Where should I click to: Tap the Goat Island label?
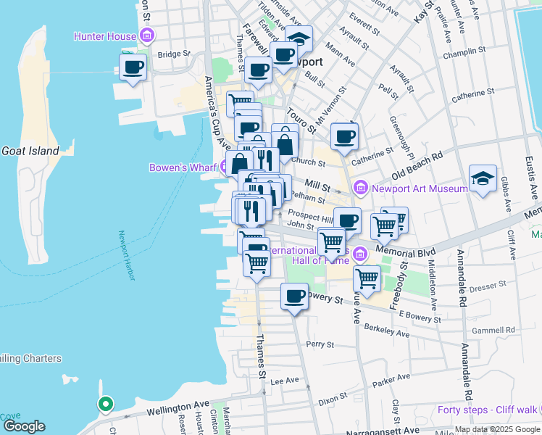pos(29,151)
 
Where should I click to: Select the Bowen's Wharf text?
pos(183,167)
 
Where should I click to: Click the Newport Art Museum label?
pos(420,188)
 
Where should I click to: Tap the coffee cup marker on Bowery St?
pos(294,296)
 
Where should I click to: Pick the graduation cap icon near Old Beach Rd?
pos(482,178)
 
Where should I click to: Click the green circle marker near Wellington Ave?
pos(105,404)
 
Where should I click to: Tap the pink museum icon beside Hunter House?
pos(147,36)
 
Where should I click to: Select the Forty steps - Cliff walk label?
pos(488,410)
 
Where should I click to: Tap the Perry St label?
pos(318,344)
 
